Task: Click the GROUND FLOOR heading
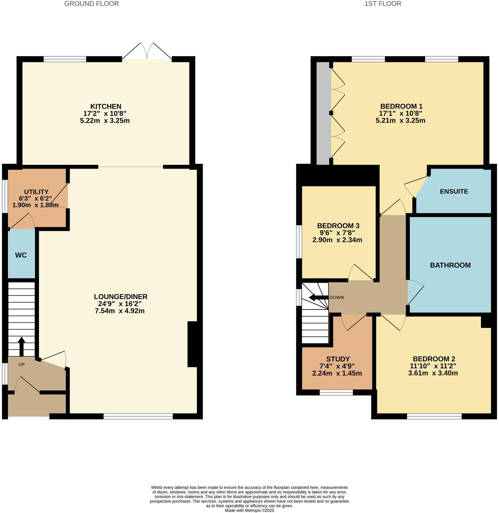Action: click(x=92, y=4)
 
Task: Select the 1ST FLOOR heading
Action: click(x=382, y=4)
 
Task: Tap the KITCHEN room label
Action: click(x=106, y=106)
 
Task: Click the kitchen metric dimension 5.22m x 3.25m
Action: click(x=105, y=121)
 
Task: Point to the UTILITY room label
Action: click(x=36, y=192)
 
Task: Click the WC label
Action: click(x=21, y=255)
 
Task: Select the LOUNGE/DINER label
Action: click(x=121, y=297)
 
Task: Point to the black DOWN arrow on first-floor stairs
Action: click(x=318, y=297)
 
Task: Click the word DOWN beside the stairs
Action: click(x=337, y=297)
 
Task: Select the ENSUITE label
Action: click(x=454, y=191)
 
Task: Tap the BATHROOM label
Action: click(x=450, y=265)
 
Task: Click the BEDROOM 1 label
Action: click(x=401, y=106)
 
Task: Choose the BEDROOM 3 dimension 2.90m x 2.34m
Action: click(x=337, y=240)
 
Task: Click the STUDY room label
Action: click(x=338, y=359)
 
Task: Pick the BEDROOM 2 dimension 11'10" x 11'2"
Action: click(x=434, y=366)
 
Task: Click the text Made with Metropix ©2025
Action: click(x=249, y=510)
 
